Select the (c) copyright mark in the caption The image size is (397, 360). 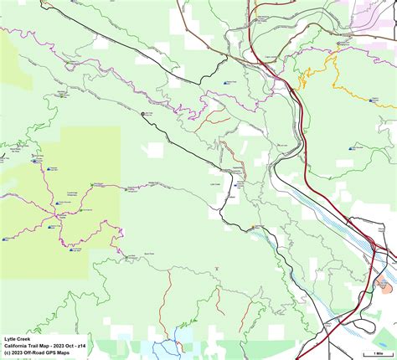pos(7,354)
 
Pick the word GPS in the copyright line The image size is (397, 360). pos(64,354)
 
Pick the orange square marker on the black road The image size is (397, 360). pos(254,227)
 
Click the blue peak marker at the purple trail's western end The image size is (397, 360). pos(7,239)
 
